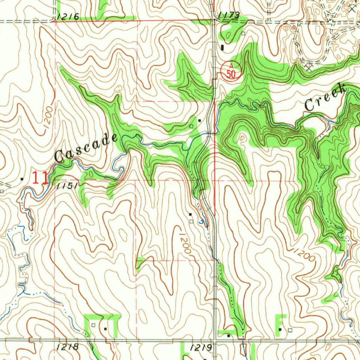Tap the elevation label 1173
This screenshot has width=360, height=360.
click(229, 15)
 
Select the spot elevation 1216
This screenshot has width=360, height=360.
click(67, 16)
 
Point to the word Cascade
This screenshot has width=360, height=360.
click(86, 148)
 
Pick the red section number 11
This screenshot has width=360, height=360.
click(40, 178)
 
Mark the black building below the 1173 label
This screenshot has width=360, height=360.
click(223, 47)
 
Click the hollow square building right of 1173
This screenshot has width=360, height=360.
click(243, 33)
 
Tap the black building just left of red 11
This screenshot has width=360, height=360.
click(22, 179)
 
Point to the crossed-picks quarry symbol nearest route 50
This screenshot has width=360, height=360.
click(309, 66)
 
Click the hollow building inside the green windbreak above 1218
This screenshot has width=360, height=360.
click(93, 326)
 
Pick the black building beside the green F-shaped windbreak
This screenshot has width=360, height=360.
click(280, 329)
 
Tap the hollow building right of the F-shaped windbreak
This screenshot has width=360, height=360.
click(290, 330)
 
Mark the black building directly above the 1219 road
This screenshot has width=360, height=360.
click(229, 335)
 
